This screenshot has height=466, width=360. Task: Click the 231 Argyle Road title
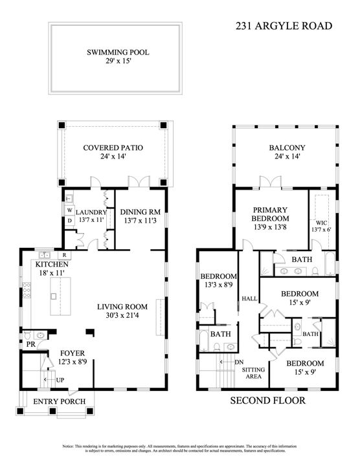[x=283, y=27]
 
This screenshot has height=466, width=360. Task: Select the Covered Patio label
[x=113, y=148]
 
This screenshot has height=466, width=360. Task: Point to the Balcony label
[x=287, y=148]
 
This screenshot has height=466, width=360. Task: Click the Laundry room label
[x=90, y=212]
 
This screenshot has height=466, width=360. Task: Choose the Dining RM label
[x=141, y=212]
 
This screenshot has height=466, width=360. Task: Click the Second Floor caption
[x=267, y=401]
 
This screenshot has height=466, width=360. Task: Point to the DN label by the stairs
[x=239, y=362]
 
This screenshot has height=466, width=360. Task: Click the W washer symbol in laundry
[x=69, y=210]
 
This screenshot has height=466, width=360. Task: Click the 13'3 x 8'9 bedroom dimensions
[x=216, y=283]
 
